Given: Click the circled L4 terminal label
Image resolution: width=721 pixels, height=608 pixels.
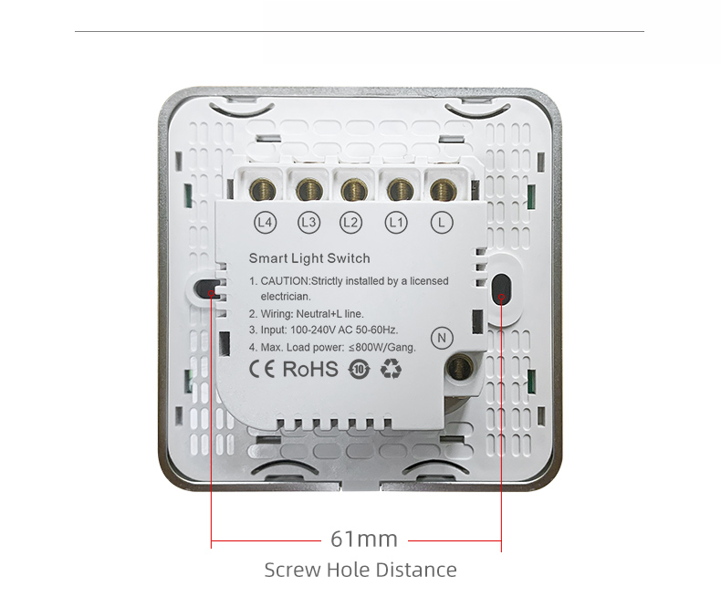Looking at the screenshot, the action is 266,223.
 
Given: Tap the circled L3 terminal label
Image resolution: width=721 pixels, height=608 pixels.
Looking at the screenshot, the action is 309,223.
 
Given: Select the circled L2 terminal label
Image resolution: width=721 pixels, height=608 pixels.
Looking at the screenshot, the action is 350,223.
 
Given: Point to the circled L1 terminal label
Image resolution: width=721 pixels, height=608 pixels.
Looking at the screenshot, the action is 396,223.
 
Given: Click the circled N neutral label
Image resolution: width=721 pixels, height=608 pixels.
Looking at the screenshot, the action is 442,338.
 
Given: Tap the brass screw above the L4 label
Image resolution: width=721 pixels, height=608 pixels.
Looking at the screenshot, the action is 263,190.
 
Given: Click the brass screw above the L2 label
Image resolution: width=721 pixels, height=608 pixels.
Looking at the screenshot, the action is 353,190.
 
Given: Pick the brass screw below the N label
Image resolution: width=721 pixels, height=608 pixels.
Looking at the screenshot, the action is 460,367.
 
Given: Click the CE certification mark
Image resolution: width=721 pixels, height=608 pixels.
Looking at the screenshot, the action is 262,369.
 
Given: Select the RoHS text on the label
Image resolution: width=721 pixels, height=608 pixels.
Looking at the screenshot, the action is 310,369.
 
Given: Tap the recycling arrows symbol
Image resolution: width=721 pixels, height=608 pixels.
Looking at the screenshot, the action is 391,370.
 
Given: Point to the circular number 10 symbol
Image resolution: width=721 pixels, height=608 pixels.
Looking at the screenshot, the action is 359,370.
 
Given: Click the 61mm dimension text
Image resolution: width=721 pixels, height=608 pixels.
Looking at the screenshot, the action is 364,539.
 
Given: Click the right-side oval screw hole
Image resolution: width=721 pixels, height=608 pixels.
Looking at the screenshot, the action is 501,288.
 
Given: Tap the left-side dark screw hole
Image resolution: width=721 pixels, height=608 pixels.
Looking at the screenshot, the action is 204,288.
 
